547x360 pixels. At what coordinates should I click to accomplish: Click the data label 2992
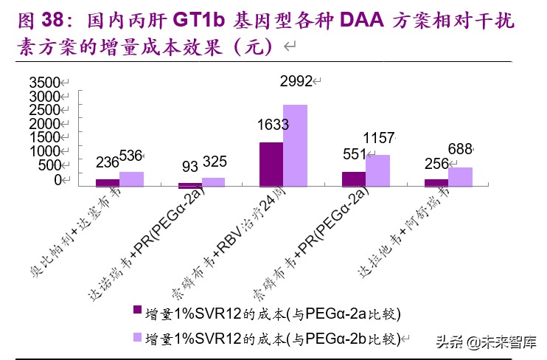296,81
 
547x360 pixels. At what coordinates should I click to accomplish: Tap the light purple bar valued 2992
295,146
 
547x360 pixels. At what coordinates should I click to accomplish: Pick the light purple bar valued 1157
377,171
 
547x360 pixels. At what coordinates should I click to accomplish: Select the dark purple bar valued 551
354,179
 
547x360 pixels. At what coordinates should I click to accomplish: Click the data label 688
460,150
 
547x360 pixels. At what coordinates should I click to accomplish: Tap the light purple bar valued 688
460,177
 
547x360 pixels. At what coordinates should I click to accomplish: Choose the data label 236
108,163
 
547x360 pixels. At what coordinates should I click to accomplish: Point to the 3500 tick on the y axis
44,82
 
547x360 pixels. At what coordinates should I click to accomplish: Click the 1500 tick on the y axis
44,137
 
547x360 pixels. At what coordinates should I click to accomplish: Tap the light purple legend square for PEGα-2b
136,338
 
